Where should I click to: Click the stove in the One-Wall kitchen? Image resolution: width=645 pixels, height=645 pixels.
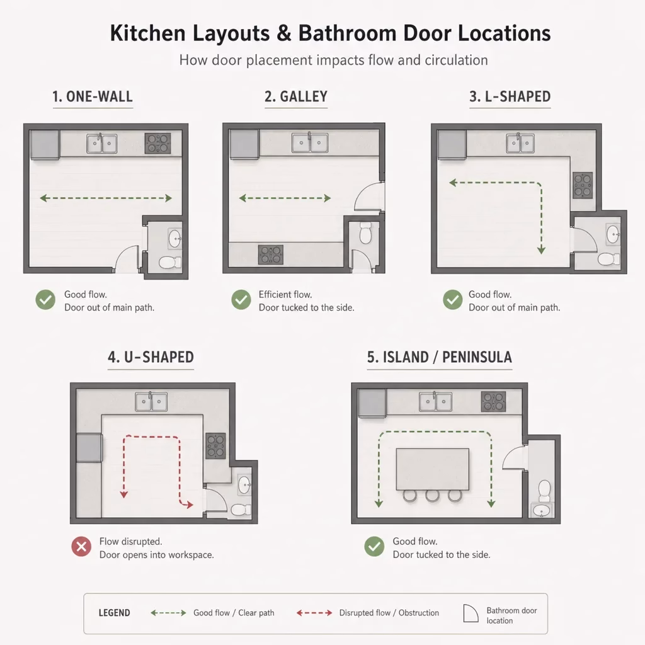[157, 143]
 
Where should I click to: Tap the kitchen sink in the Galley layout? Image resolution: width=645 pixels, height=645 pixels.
[310, 143]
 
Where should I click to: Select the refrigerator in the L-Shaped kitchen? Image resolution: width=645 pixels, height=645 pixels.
[452, 144]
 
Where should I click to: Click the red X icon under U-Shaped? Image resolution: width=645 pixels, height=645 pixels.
[81, 547]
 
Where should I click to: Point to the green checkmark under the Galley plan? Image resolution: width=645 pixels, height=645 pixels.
[241, 299]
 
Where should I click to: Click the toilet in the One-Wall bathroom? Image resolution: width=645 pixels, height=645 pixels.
[170, 262]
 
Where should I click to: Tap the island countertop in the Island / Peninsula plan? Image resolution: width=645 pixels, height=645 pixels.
[432, 469]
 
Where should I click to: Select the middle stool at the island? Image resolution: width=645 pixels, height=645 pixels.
[432, 496]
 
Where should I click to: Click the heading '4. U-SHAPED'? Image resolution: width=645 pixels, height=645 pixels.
[151, 357]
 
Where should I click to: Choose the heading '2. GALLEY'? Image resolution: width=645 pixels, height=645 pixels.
[296, 96]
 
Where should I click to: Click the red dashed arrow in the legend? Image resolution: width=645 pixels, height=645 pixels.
[314, 613]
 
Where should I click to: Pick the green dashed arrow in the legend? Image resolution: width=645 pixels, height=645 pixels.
[168, 613]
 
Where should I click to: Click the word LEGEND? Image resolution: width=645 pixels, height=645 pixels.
[115, 613]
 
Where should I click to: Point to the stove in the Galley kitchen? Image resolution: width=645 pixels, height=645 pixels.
[271, 254]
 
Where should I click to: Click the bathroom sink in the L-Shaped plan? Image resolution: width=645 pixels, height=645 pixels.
[614, 234]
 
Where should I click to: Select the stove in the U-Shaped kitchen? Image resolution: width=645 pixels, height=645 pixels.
[215, 445]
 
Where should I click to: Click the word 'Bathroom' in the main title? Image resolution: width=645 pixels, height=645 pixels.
[347, 33]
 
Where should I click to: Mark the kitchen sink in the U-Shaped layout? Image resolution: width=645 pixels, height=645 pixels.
[151, 401]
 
